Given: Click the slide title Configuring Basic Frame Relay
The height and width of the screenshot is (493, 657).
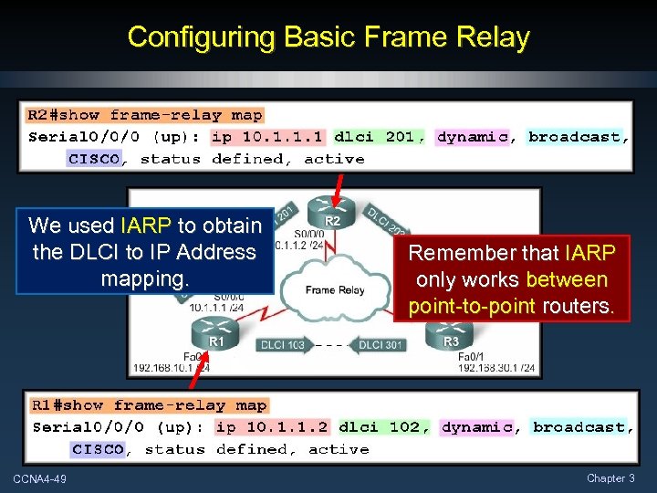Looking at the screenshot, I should pos(328,37).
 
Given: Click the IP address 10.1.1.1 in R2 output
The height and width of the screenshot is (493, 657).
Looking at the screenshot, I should pos(266,137).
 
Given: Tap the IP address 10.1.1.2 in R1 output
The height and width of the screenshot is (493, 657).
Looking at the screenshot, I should pos(272,427).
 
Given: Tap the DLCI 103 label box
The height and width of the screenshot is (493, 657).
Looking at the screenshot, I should pos(283,345).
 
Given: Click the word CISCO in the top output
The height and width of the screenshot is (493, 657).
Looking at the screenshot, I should pos(93,159).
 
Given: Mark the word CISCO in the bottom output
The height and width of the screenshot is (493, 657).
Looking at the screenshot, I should pos(98,449).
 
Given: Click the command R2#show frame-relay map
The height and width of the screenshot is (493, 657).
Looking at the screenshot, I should pos(145,115).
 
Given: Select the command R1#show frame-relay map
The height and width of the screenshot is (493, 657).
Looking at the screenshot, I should pos(149,405).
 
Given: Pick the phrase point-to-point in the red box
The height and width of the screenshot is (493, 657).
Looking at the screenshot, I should pos(472,306).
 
